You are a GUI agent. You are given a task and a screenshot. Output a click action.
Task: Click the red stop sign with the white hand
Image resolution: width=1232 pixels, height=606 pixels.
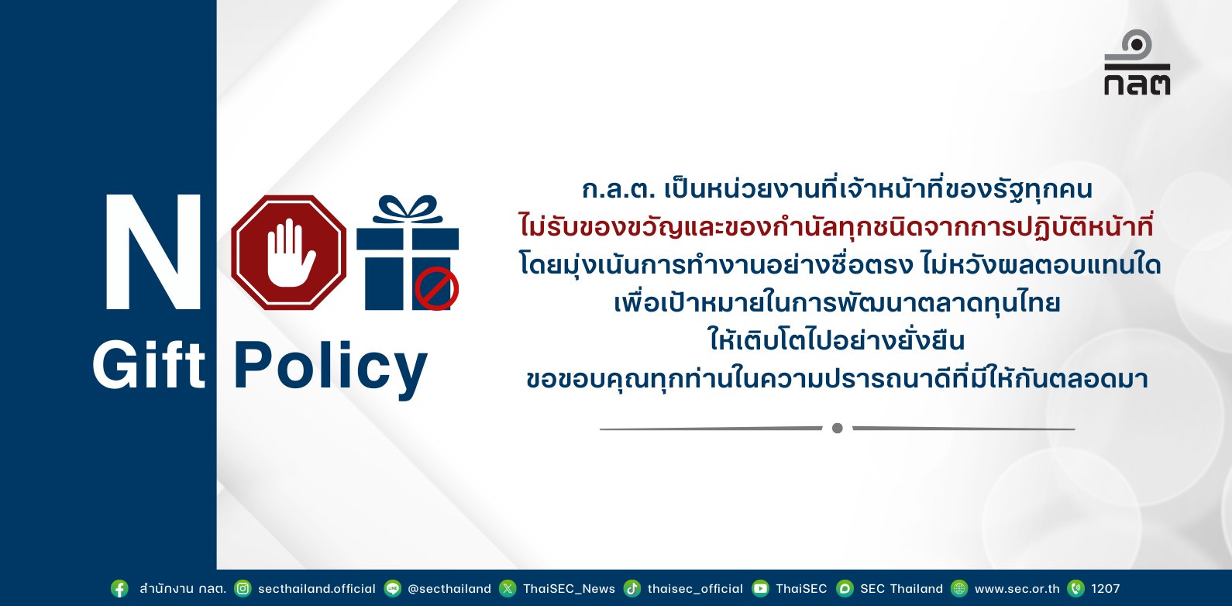coord(289,253)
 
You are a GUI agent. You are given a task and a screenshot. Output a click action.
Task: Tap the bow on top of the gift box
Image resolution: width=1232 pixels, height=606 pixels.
coord(408,209)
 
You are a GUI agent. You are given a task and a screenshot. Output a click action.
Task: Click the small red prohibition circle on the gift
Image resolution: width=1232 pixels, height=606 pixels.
coord(437,289)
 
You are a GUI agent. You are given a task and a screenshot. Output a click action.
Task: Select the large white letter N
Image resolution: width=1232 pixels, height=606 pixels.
coord(153,252)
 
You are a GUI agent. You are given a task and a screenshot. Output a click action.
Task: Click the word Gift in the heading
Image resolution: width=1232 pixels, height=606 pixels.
coord(149,365)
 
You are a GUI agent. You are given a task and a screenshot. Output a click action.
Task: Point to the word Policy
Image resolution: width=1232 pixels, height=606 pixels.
coord(330,367)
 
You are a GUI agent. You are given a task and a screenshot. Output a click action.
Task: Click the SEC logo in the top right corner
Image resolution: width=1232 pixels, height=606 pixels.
coord(1137,62)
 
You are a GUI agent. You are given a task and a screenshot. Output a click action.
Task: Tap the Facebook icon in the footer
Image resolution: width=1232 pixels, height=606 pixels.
coord(119,588)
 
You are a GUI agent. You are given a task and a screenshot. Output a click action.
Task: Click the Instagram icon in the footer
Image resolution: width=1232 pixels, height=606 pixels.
coord(243,588)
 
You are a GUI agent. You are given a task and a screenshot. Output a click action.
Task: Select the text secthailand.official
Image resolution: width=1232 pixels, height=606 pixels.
coord(317,589)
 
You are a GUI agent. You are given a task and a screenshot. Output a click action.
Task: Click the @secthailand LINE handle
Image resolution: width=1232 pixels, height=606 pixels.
coord(449,589)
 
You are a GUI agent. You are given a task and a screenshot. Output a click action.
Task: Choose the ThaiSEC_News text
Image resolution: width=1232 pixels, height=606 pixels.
coord(569,589)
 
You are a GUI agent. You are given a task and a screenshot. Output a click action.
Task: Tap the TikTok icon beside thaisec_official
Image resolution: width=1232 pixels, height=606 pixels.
coord(632,588)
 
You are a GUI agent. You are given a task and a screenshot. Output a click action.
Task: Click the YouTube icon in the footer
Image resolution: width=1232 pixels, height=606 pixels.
coord(761,588)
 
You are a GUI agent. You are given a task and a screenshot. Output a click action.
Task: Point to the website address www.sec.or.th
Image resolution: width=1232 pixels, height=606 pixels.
coord(1017,589)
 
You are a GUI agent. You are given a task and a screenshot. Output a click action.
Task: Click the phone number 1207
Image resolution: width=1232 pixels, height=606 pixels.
coord(1106,589)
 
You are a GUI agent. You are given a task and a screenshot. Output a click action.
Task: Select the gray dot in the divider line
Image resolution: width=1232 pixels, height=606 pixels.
coord(837,428)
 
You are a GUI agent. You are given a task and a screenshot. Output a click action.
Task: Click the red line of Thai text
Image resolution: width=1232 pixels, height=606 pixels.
coord(836,226)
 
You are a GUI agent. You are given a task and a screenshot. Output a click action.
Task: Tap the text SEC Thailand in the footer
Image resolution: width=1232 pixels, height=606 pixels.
coord(901,589)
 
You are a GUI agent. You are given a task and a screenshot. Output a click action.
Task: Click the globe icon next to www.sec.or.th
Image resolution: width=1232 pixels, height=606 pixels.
coord(959,588)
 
